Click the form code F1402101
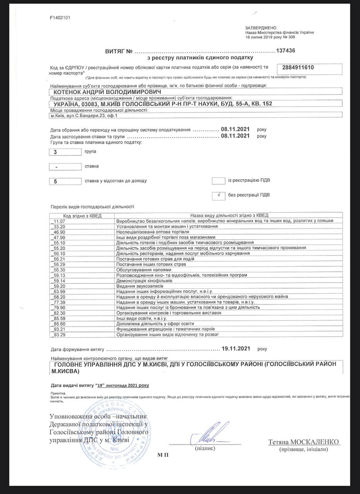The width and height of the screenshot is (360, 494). click(60, 18)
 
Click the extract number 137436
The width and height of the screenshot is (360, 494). click(286, 51)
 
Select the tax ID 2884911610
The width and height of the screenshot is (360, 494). click(298, 68)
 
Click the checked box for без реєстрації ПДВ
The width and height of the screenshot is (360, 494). click(219, 195)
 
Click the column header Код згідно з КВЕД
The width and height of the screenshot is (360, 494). click(82, 215)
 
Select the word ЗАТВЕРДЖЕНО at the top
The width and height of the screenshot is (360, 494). click(261, 28)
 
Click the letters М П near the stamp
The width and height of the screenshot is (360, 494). click(163, 455)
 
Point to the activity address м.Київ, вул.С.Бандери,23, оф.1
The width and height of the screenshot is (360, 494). click(83, 115)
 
